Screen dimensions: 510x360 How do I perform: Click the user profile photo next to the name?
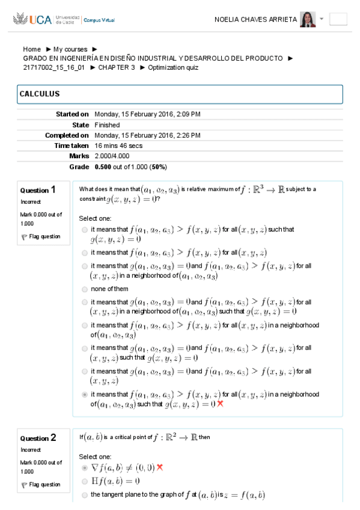[308, 19]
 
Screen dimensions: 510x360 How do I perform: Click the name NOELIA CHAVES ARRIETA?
[255, 19]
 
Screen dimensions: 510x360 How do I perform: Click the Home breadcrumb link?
[32, 49]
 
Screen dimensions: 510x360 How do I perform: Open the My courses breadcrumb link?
[70, 49]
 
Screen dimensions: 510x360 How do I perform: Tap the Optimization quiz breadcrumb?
[173, 67]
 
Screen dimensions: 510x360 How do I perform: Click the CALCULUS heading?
[40, 94]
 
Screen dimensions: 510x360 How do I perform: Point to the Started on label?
[72, 114]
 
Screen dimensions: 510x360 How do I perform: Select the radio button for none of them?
[84, 289]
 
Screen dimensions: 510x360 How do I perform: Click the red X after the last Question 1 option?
[220, 404]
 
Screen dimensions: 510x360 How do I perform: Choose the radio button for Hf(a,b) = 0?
[84, 481]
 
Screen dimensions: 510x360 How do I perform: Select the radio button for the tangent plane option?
[84, 495]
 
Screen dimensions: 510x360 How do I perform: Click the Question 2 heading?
[39, 438]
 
